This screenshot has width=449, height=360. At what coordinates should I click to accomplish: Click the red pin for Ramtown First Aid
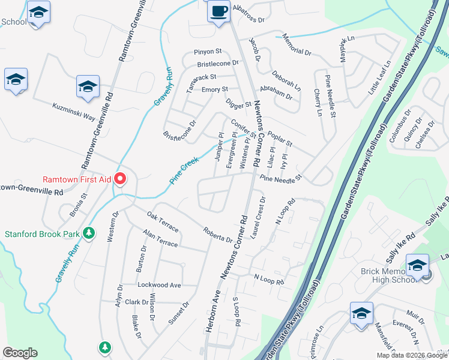(x=120, y=178)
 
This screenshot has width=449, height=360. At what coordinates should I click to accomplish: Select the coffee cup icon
(x=218, y=11)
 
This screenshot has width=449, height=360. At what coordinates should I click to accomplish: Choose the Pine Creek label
(x=184, y=170)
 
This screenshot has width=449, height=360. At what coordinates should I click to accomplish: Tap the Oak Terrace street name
(x=163, y=221)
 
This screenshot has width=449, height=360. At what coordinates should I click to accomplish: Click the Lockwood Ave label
(x=159, y=285)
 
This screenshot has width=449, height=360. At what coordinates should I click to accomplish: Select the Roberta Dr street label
(x=217, y=235)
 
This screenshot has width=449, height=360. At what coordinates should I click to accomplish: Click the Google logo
(x=20, y=352)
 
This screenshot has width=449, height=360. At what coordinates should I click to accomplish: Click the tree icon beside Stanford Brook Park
(x=89, y=232)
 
